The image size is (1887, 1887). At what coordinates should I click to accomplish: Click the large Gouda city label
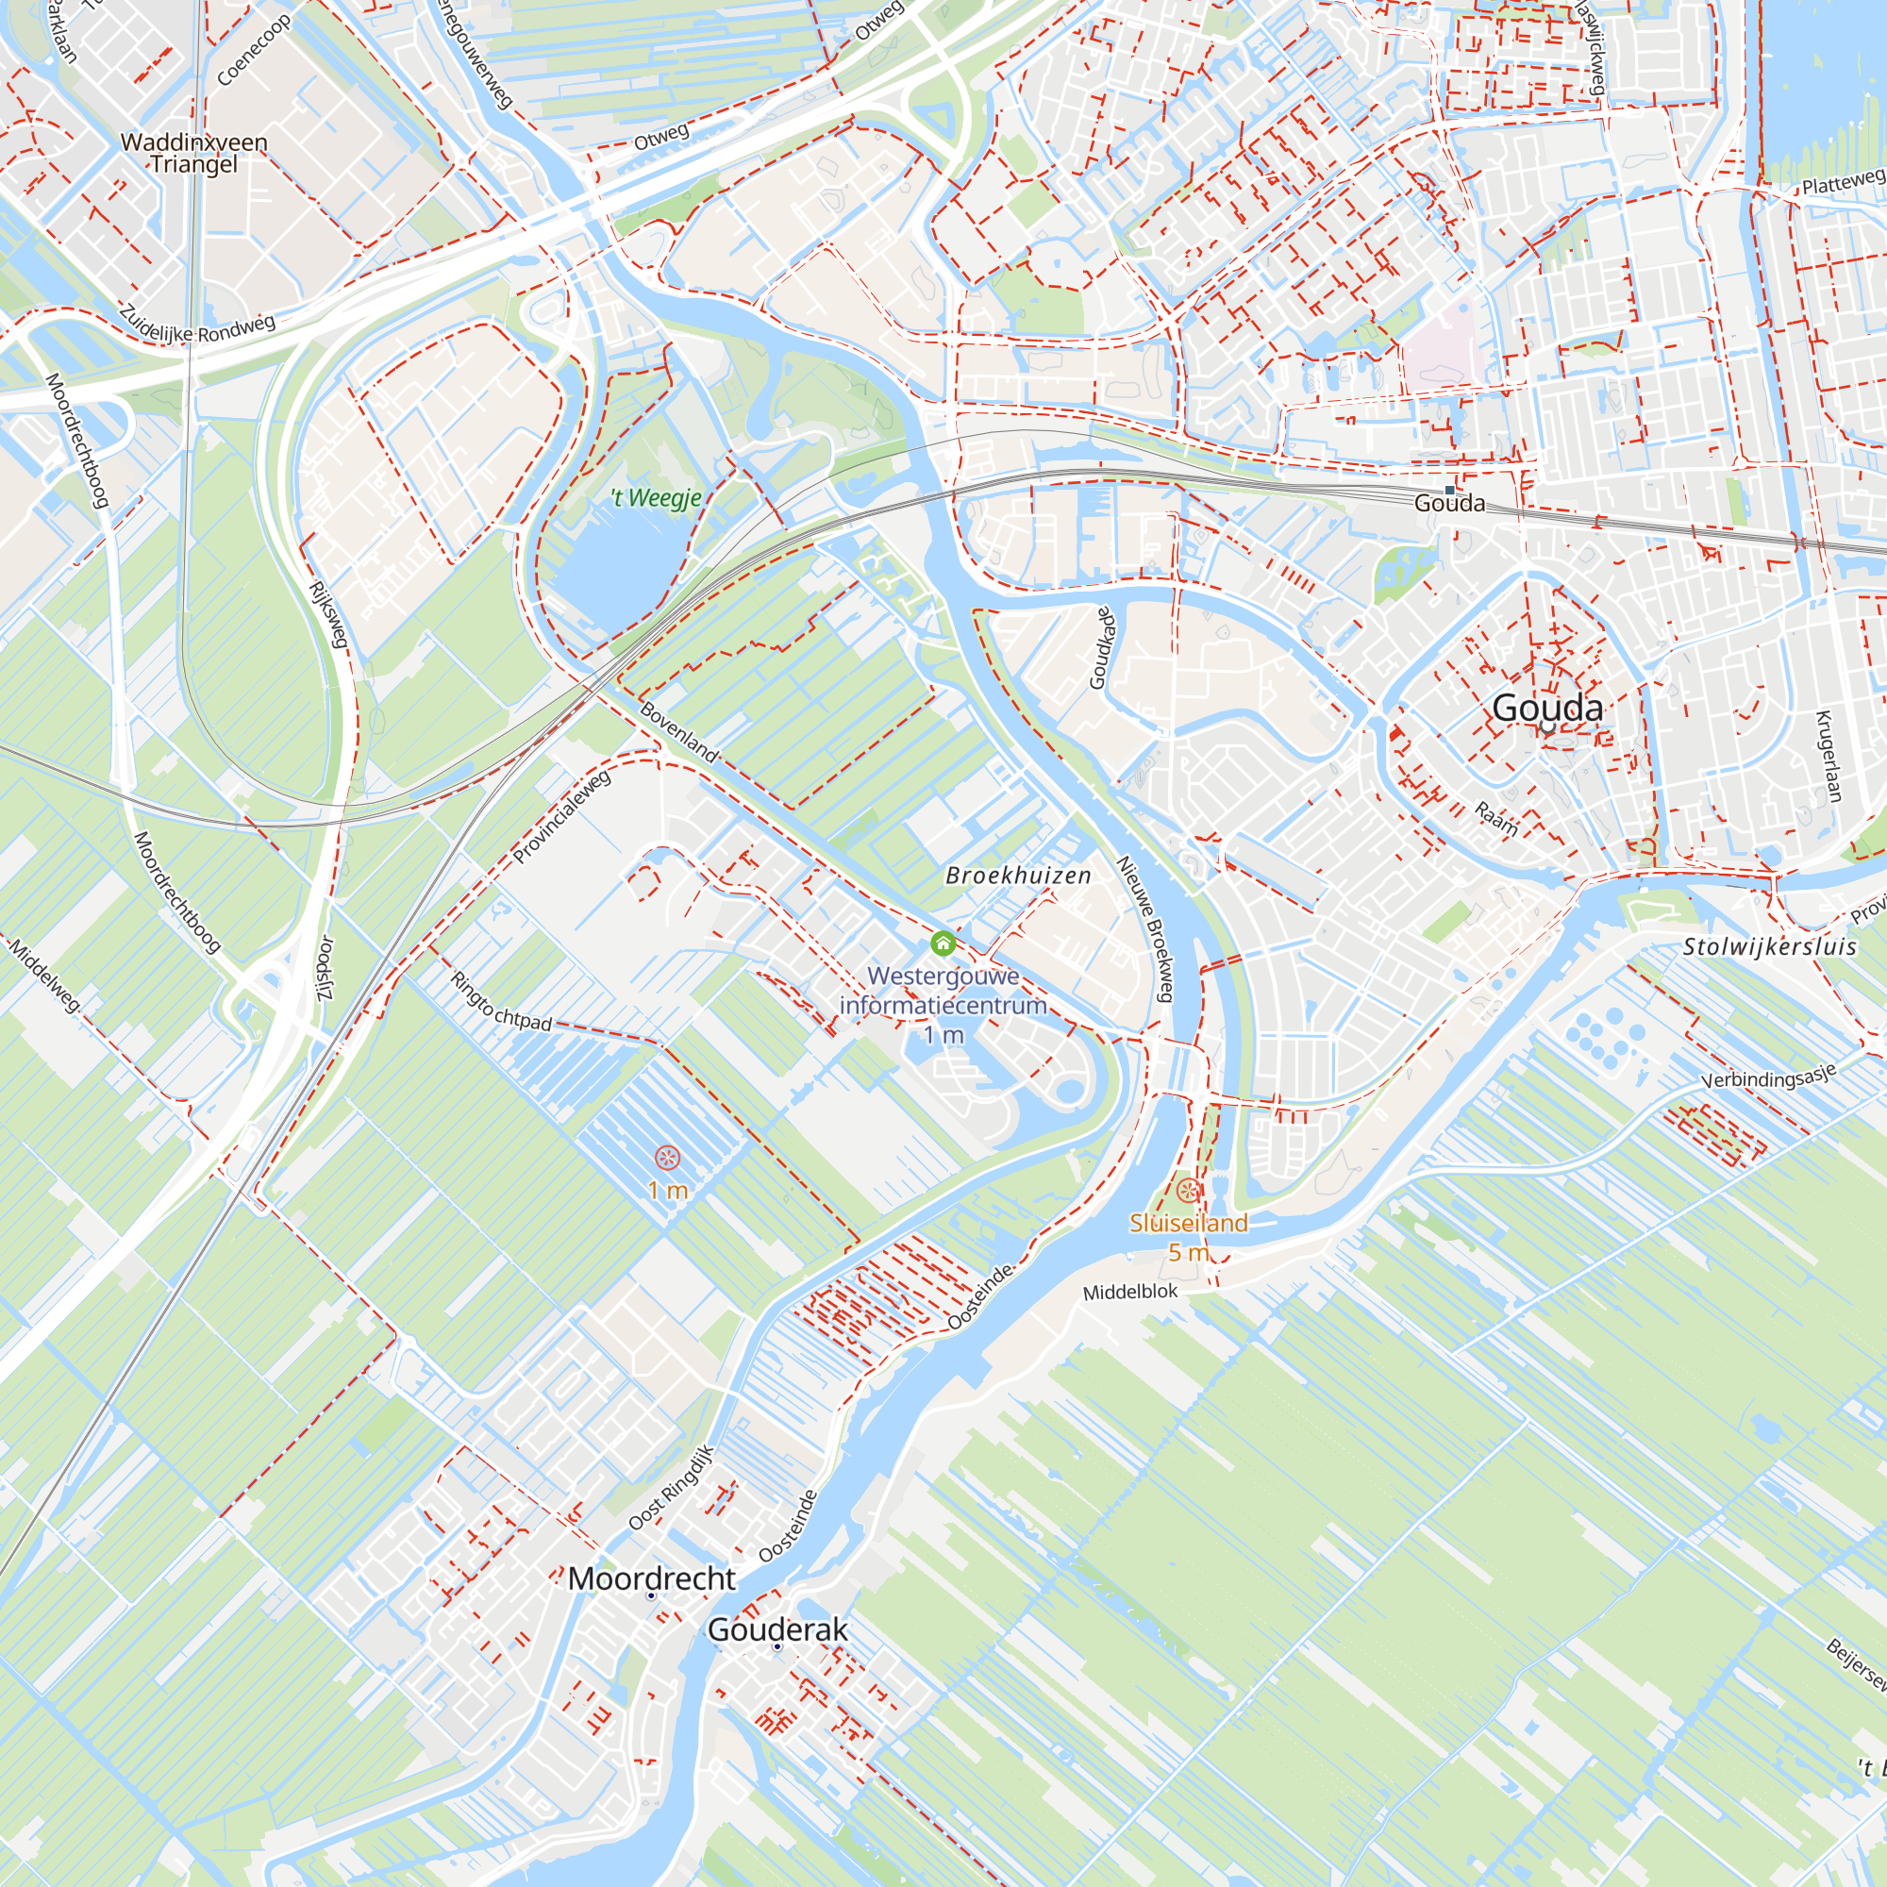tap(1547, 709)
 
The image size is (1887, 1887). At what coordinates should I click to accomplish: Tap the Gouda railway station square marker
tap(1449, 491)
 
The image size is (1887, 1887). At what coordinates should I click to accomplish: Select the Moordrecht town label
tap(651, 1578)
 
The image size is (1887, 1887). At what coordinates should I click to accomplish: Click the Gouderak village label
tap(777, 1629)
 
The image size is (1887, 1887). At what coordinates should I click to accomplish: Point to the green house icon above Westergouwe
tap(943, 943)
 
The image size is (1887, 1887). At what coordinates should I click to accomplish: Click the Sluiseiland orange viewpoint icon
tap(1188, 1190)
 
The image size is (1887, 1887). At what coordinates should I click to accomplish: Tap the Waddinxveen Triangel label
tap(193, 152)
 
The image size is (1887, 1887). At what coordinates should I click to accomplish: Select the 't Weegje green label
tap(657, 498)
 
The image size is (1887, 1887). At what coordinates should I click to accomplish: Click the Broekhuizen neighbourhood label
tap(1018, 877)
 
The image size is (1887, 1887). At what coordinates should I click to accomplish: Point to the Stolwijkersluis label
tap(1769, 945)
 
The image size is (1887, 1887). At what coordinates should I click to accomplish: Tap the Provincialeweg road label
tap(561, 816)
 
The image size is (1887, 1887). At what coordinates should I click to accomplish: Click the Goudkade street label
tap(1101, 647)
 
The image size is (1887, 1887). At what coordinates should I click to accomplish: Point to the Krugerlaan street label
tap(1829, 756)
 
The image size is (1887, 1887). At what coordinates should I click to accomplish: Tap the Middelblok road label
tap(1130, 1293)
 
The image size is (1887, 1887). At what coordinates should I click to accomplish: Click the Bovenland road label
tap(679, 731)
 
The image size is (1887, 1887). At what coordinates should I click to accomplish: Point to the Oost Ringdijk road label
tap(671, 1489)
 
